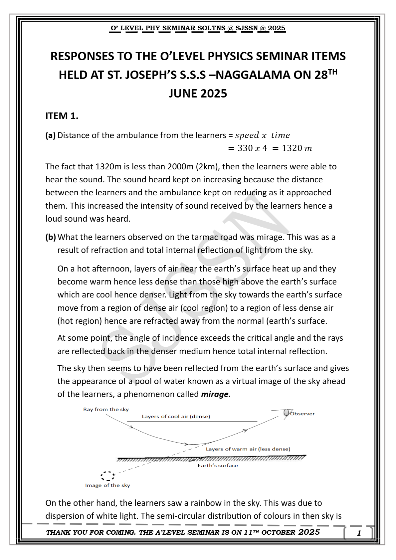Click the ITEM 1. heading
tap(62, 116)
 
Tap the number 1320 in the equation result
tap(292, 148)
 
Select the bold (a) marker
tap(51, 135)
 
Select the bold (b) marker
tap(51, 237)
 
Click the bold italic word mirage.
tap(216, 394)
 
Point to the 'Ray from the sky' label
tap(106, 409)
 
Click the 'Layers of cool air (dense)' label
tap(176, 416)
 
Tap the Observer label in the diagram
tap(302, 414)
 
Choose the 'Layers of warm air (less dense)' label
tap(248, 449)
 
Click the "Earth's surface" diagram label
tap(218, 466)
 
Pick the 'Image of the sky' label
tap(107, 485)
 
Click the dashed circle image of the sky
tap(107, 476)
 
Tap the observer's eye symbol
tap(287, 413)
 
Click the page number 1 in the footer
tap(359, 533)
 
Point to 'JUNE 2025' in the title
tap(198, 93)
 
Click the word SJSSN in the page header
tap(247, 28)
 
